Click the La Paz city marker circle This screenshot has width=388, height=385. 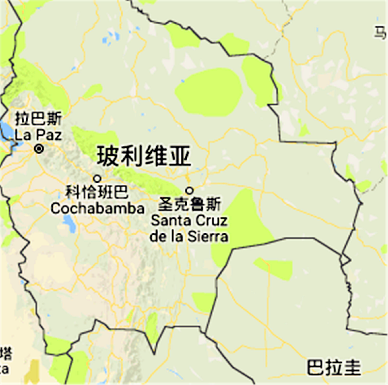(39, 149)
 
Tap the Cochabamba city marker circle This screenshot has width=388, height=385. (97, 178)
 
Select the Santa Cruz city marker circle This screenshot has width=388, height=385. (190, 190)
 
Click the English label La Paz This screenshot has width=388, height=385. (38, 135)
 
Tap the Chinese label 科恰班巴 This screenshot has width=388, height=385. (97, 192)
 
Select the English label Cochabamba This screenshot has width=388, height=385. (97, 209)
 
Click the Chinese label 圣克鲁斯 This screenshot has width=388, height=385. (191, 204)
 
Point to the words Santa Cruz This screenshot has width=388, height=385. (189, 221)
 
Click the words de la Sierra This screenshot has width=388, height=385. (189, 237)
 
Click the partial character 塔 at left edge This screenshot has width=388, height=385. (6, 353)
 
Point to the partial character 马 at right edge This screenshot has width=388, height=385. (381, 33)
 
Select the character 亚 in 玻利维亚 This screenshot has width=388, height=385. (180, 156)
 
